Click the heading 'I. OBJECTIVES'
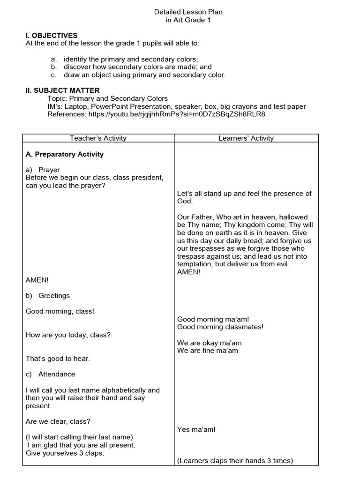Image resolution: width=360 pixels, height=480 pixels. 52,36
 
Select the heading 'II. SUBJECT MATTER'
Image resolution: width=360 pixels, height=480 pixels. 62,90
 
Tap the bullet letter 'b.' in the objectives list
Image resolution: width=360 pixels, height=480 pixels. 54,67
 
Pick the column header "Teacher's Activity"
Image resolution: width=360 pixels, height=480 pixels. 98,138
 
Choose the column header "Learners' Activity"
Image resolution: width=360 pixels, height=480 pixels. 246,138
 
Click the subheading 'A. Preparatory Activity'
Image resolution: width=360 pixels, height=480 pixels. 65,154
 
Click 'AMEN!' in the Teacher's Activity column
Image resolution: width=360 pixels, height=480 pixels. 37,280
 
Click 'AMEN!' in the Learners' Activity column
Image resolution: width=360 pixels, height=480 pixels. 189,272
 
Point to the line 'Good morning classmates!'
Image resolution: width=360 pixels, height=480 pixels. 220,327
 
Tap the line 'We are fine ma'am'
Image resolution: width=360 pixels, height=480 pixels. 208,351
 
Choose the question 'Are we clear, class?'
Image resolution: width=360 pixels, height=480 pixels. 58,421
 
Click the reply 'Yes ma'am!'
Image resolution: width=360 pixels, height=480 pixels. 196,429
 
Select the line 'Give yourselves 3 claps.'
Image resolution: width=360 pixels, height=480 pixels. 65,453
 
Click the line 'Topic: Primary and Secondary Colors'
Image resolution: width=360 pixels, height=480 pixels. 107,98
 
